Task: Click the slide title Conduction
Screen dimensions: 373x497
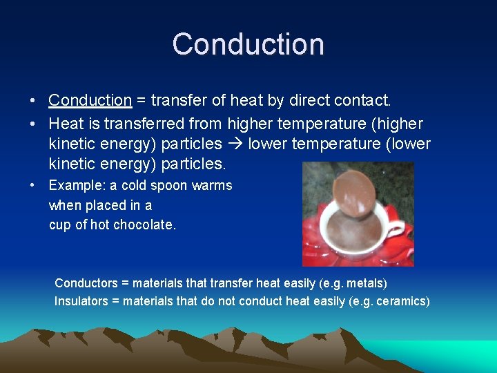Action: (x=248, y=44)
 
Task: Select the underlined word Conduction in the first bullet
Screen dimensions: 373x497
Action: (x=90, y=101)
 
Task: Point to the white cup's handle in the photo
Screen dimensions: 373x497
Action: (x=396, y=232)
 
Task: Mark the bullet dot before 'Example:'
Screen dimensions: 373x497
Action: (x=33, y=186)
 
